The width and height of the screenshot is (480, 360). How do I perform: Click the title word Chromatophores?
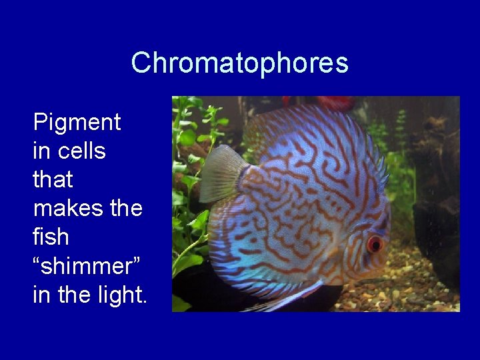(239, 63)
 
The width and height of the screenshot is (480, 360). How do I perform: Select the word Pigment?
(77, 123)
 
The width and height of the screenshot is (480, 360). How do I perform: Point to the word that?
(53, 179)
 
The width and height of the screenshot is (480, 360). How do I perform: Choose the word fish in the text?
(51, 237)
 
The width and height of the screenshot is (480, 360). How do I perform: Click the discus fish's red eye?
(375, 243)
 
